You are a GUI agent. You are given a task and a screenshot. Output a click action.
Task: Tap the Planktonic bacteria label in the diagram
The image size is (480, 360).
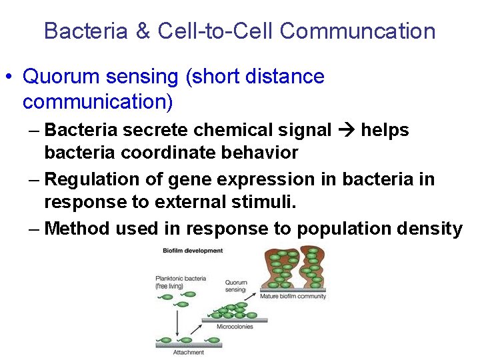[x=181, y=278]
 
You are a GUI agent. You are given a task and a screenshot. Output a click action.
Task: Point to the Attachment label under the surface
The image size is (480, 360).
[x=189, y=352]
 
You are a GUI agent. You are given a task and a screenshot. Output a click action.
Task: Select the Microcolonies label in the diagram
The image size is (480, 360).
[x=235, y=327]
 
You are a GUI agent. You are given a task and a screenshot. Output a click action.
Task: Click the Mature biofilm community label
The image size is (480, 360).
[x=293, y=296]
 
